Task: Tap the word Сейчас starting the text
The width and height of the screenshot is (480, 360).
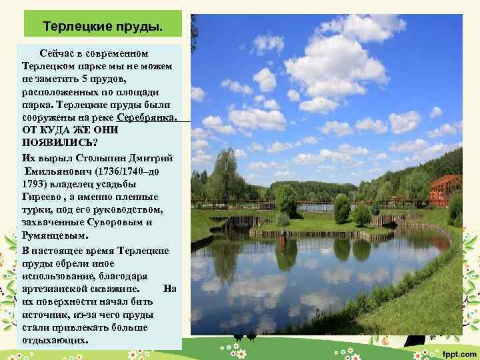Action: (61, 53)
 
